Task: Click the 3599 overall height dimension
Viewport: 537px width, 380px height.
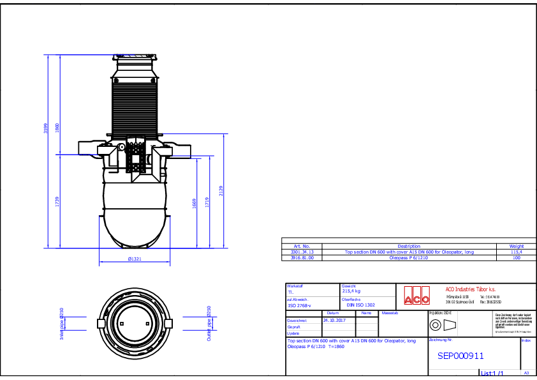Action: (x=45, y=128)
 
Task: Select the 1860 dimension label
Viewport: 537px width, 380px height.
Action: (x=57, y=128)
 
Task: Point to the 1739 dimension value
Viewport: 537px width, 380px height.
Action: (x=57, y=202)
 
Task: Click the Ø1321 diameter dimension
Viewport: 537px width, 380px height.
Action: (x=135, y=259)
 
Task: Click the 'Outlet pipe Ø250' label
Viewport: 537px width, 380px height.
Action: (x=209, y=321)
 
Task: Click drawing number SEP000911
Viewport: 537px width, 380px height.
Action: (x=460, y=356)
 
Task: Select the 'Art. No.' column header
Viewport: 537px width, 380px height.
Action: (x=302, y=246)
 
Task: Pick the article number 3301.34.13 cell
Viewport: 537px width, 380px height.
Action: (x=302, y=252)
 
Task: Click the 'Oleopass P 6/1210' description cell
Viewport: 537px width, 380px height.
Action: (x=409, y=258)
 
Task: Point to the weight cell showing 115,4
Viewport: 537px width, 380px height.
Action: (x=517, y=252)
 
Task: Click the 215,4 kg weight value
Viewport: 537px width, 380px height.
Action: (x=352, y=291)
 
